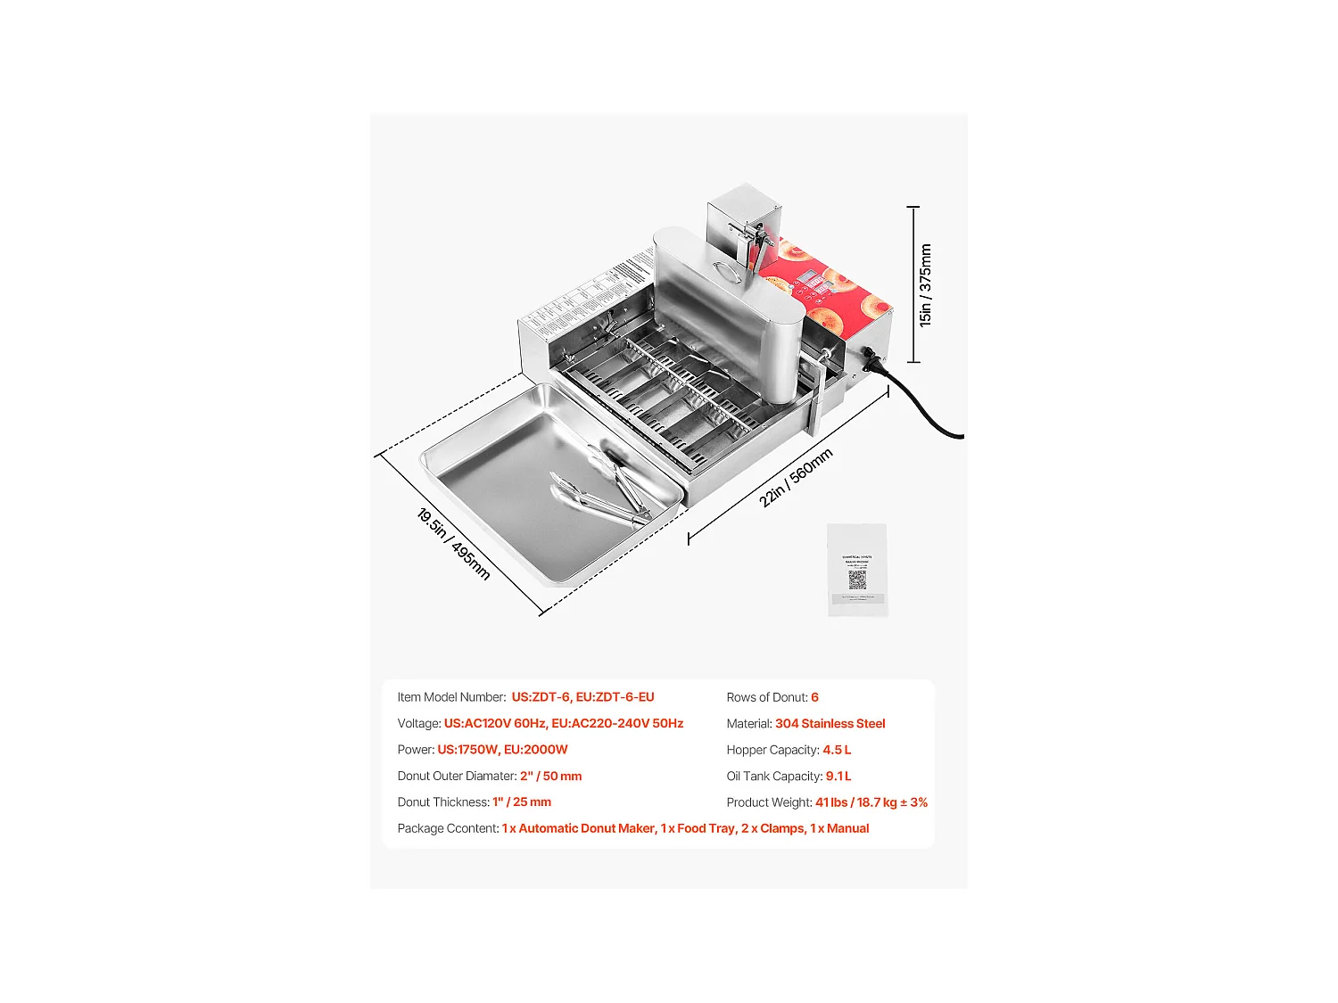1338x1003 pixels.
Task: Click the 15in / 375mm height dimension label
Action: click(926, 285)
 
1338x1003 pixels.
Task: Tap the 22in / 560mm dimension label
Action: click(796, 478)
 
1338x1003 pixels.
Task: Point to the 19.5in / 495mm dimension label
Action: click(453, 544)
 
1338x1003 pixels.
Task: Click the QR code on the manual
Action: click(856, 580)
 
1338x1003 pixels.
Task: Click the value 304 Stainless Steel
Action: click(830, 724)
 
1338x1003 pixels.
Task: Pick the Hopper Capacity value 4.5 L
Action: click(837, 750)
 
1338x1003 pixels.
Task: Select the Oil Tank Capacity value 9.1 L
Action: click(838, 777)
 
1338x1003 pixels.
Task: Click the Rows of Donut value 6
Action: click(814, 697)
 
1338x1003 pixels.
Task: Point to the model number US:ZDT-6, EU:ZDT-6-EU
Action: click(582, 697)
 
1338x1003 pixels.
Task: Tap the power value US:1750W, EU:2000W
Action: click(502, 750)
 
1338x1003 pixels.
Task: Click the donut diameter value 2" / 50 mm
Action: click(550, 777)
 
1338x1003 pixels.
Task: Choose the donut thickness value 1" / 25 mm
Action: click(521, 802)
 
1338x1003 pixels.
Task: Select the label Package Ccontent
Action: click(448, 828)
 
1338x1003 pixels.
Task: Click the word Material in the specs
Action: click(748, 724)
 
